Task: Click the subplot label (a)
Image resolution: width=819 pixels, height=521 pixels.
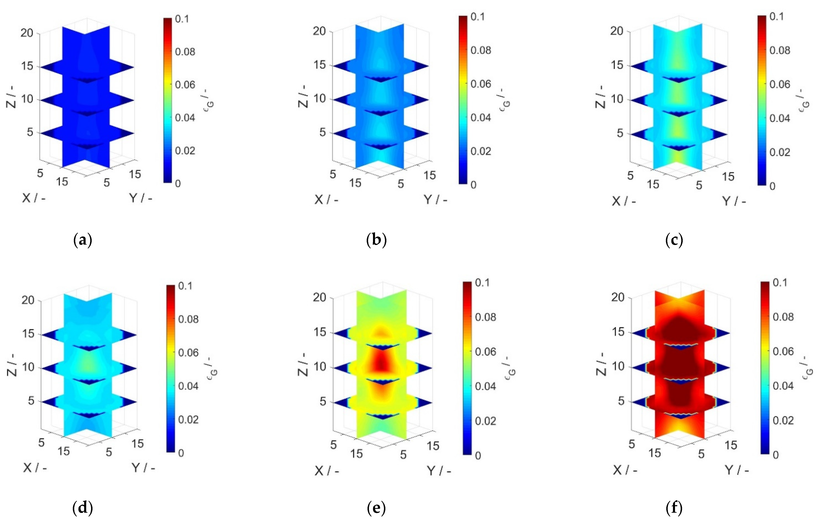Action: [x=83, y=240]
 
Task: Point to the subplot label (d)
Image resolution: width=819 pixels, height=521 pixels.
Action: [x=83, y=508]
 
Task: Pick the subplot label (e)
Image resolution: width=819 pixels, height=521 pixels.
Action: [x=376, y=508]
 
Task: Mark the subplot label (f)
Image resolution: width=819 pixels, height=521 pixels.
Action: [x=674, y=508]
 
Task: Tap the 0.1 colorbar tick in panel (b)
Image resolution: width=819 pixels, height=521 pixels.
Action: [x=477, y=17]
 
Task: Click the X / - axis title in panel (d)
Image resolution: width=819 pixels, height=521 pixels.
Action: [x=35, y=468]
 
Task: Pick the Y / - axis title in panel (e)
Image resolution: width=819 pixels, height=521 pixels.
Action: [x=439, y=471]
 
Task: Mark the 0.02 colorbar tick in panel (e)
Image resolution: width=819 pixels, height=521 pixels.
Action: [x=486, y=421]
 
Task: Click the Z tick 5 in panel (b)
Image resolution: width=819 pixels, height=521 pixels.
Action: [x=323, y=132]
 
